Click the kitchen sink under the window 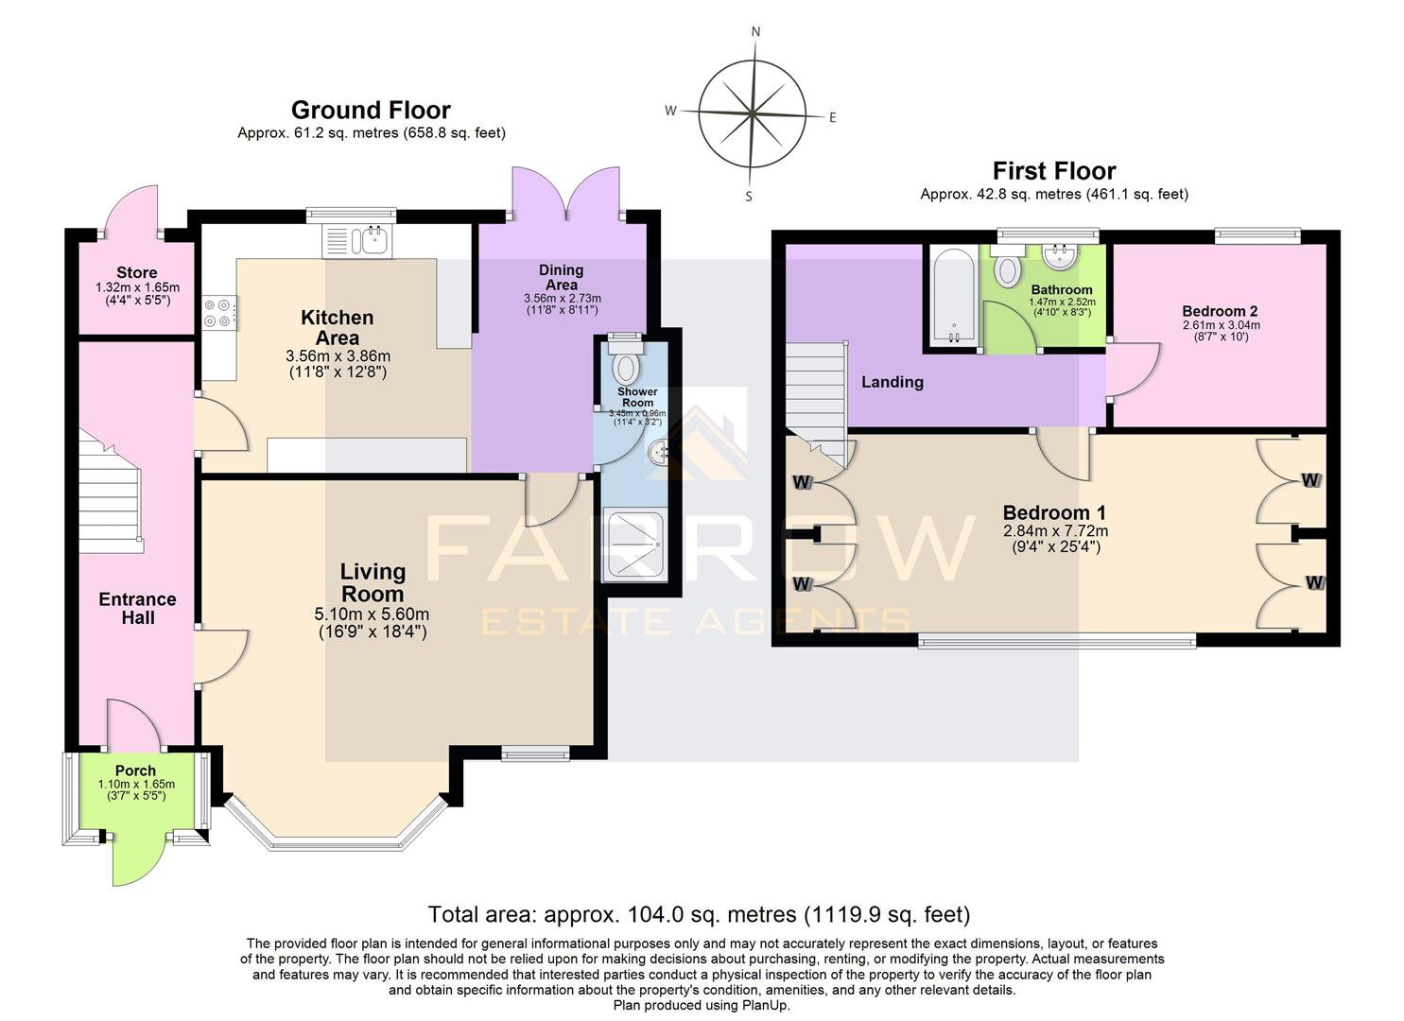click(x=357, y=241)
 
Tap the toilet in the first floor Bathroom click(x=1008, y=268)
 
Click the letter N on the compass click(x=755, y=31)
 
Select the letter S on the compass click(x=749, y=197)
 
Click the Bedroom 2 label click(x=1220, y=311)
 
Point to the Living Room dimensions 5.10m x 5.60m click(x=372, y=614)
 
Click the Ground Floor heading click(x=371, y=110)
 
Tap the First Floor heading click(x=1053, y=171)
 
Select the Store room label click(x=137, y=273)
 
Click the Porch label click(x=135, y=770)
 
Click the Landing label click(x=892, y=382)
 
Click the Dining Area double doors click(x=566, y=194)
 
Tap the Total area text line click(x=699, y=914)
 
